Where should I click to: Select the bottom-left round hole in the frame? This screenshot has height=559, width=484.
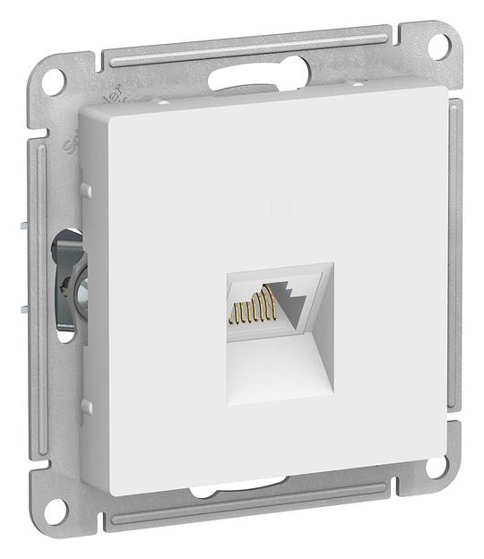pyautogui.click(x=54, y=512)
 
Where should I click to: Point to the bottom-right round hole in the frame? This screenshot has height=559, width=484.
pyautogui.click(x=436, y=467)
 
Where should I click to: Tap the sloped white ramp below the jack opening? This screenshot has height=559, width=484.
pyautogui.click(x=280, y=367)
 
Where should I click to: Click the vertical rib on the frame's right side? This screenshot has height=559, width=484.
pyautogui.click(x=454, y=269)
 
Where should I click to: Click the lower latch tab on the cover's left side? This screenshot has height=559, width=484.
pyautogui.click(x=86, y=408)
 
